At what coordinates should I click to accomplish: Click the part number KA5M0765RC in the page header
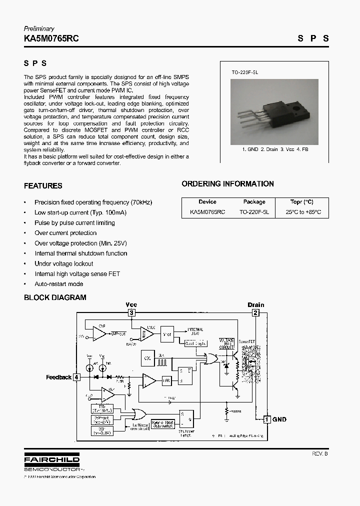click(51, 38)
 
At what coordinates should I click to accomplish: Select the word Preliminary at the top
click(39, 28)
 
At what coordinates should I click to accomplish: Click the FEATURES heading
click(43, 186)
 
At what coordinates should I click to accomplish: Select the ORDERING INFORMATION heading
click(227, 184)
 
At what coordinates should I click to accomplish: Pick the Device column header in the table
click(207, 202)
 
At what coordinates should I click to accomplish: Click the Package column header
click(254, 202)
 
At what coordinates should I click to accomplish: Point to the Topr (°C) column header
click(302, 202)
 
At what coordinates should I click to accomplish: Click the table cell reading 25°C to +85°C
click(303, 212)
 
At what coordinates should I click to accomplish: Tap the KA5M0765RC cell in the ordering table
click(207, 212)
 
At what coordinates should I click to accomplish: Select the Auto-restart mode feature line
click(58, 284)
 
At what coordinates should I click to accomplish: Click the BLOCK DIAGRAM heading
click(55, 297)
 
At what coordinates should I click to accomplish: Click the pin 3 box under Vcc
click(131, 313)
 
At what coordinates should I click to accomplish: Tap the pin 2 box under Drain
click(255, 313)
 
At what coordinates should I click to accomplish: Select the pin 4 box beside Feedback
click(76, 377)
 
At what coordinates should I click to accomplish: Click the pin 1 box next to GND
click(267, 419)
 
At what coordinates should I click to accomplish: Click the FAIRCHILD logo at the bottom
click(51, 459)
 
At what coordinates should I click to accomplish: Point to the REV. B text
click(320, 453)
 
